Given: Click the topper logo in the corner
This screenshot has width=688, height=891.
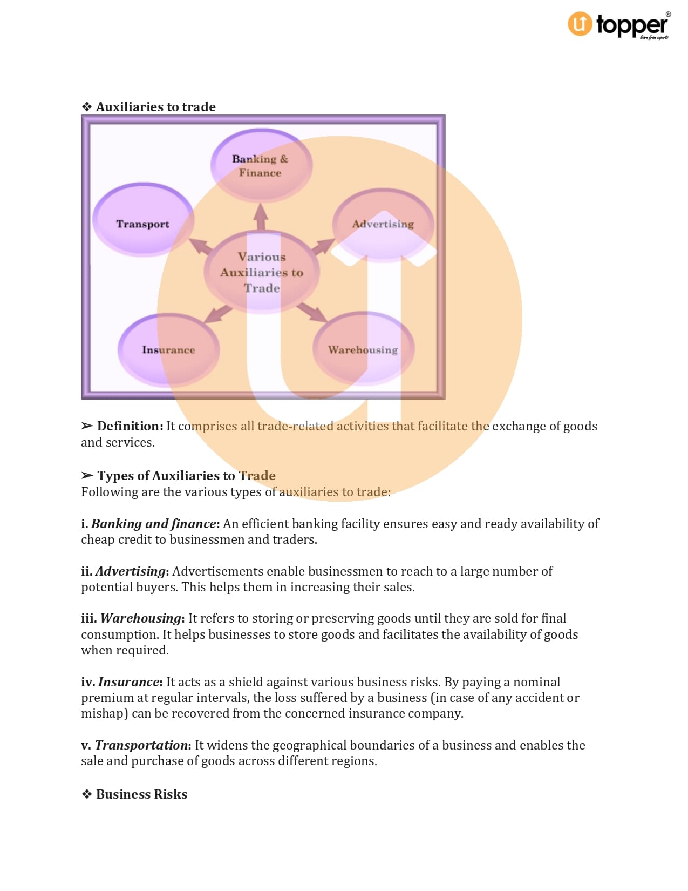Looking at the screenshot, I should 618,25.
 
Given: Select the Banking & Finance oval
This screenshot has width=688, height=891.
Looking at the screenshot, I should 261,165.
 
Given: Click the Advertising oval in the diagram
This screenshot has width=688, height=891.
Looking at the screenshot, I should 383,224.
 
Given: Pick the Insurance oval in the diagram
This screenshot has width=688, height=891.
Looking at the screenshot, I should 168,350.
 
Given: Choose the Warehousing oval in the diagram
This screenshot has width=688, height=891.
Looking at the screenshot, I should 363,349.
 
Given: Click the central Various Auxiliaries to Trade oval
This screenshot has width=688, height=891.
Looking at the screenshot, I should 262,272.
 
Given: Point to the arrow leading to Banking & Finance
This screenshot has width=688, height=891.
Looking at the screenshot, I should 261,217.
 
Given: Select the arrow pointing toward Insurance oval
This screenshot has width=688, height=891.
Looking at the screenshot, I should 217,313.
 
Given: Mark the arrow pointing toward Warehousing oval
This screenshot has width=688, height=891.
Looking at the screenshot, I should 311,312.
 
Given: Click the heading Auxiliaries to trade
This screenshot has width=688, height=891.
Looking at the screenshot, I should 155,107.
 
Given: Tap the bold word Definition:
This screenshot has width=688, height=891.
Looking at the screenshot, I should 130,426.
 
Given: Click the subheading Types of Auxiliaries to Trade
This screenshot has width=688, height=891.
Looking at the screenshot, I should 186,476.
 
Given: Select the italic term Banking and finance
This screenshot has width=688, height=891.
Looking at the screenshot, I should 154,524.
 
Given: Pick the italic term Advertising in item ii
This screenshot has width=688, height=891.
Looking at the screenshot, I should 131,571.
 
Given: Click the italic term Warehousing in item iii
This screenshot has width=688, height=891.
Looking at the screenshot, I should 141,618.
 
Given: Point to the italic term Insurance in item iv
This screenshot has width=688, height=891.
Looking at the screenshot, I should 128,682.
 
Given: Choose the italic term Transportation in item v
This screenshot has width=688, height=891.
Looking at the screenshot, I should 141,745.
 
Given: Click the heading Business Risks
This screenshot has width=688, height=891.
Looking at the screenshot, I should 141,794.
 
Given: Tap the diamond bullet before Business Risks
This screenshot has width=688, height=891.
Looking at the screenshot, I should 87,794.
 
